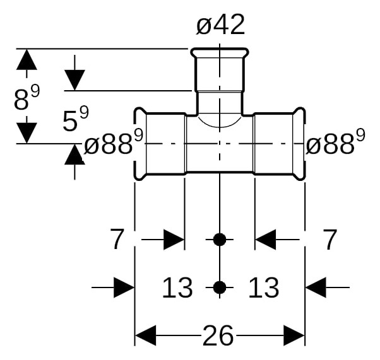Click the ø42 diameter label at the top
click(220, 25)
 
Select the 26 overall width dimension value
click(218, 335)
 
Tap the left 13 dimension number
click(177, 287)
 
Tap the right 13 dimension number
click(264, 287)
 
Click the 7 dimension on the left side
click(117, 240)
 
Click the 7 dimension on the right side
click(330, 240)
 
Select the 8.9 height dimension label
click(27, 97)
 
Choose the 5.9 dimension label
click(76, 119)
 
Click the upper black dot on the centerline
click(220, 240)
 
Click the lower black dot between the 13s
click(220, 287)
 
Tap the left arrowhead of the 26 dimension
click(145, 335)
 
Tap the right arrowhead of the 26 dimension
click(294, 335)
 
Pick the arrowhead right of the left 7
click(174, 240)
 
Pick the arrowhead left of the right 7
click(266, 240)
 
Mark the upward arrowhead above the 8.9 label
click(27, 59)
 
